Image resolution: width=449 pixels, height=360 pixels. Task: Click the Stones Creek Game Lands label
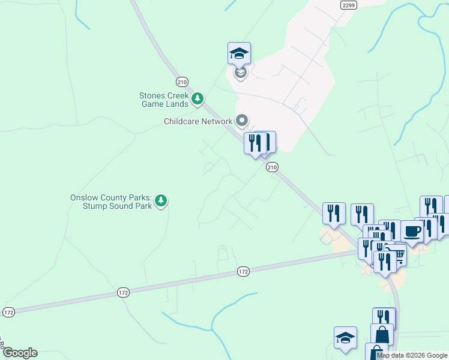(x=164, y=100)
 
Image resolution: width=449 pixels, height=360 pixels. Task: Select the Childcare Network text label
(x=198, y=121)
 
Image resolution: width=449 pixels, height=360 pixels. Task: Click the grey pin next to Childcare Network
(x=243, y=121)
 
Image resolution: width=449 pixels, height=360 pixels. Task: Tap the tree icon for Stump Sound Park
(x=161, y=201)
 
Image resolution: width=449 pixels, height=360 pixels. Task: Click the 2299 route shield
(x=348, y=5)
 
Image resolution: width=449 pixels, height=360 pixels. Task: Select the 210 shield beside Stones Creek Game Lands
(x=182, y=82)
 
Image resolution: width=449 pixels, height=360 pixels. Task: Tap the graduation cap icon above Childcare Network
(x=239, y=54)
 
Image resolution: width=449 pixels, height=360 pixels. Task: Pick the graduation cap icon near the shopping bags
(x=345, y=338)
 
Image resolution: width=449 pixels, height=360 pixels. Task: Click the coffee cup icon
(x=412, y=231)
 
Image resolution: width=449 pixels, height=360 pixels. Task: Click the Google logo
(x=19, y=353)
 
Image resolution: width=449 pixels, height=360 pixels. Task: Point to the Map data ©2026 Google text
(x=412, y=355)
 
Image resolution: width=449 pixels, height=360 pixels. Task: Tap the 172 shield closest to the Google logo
(x=8, y=313)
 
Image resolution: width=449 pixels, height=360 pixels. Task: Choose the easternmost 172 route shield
(x=243, y=272)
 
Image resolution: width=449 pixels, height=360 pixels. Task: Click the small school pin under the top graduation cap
(x=240, y=74)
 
